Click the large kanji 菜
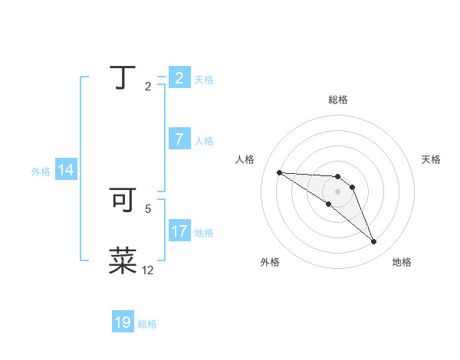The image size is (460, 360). [123, 260]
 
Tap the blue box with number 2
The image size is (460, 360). [179, 77]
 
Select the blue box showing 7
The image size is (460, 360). [179, 139]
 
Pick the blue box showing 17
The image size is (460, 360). [179, 231]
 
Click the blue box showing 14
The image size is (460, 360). [66, 170]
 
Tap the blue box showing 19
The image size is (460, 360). [123, 322]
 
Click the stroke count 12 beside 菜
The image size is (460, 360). [148, 270]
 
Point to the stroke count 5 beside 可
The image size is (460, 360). [148, 208]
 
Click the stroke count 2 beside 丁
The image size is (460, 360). [148, 87]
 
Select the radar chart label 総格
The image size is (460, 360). [338, 100]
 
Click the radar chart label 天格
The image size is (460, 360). [431, 159]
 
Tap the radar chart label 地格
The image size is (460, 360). [402, 263]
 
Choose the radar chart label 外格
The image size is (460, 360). [270, 263]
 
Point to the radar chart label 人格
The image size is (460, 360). [245, 159]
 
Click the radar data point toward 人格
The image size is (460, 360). [279, 172]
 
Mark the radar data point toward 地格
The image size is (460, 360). [373, 242]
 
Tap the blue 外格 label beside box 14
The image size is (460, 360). [41, 172]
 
